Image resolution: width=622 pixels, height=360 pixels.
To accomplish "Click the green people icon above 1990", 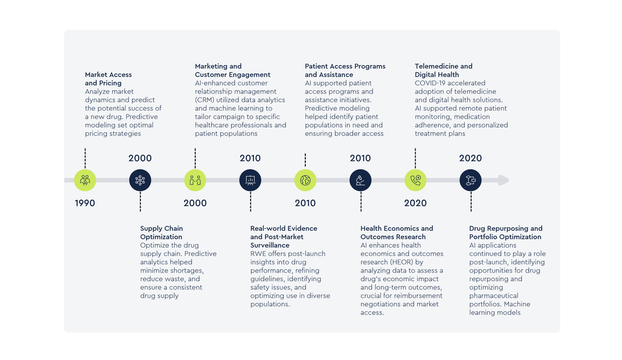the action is [x=85, y=180].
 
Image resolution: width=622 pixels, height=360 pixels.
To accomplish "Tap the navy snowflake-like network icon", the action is [x=140, y=180].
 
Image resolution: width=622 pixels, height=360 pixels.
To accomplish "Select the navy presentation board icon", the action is [x=250, y=180].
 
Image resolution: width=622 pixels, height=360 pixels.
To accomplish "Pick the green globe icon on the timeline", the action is [x=305, y=180].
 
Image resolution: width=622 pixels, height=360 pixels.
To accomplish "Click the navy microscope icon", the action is [x=361, y=180].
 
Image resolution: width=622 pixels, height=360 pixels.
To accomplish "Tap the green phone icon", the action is [x=416, y=180].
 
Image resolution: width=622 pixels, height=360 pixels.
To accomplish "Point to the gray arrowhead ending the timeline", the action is [x=503, y=180].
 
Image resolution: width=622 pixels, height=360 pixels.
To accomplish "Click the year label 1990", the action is [x=85, y=203].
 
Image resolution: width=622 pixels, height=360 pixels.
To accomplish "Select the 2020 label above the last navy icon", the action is [x=470, y=158].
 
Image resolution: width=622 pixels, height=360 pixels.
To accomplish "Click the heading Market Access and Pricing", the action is [x=109, y=79].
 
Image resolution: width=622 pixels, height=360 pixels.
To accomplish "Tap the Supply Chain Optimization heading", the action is [x=162, y=232].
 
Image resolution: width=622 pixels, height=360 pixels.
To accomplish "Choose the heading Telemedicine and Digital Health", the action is [x=443, y=70].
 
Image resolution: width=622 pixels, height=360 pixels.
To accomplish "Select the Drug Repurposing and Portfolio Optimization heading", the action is [x=506, y=232].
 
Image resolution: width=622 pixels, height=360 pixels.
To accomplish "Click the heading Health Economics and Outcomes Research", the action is [x=397, y=232].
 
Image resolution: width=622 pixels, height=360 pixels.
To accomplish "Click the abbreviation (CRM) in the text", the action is [x=205, y=100].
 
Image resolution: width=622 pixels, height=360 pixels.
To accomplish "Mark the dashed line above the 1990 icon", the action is [x=85, y=159].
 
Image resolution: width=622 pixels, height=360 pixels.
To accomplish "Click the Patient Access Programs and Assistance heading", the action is [x=345, y=70].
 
